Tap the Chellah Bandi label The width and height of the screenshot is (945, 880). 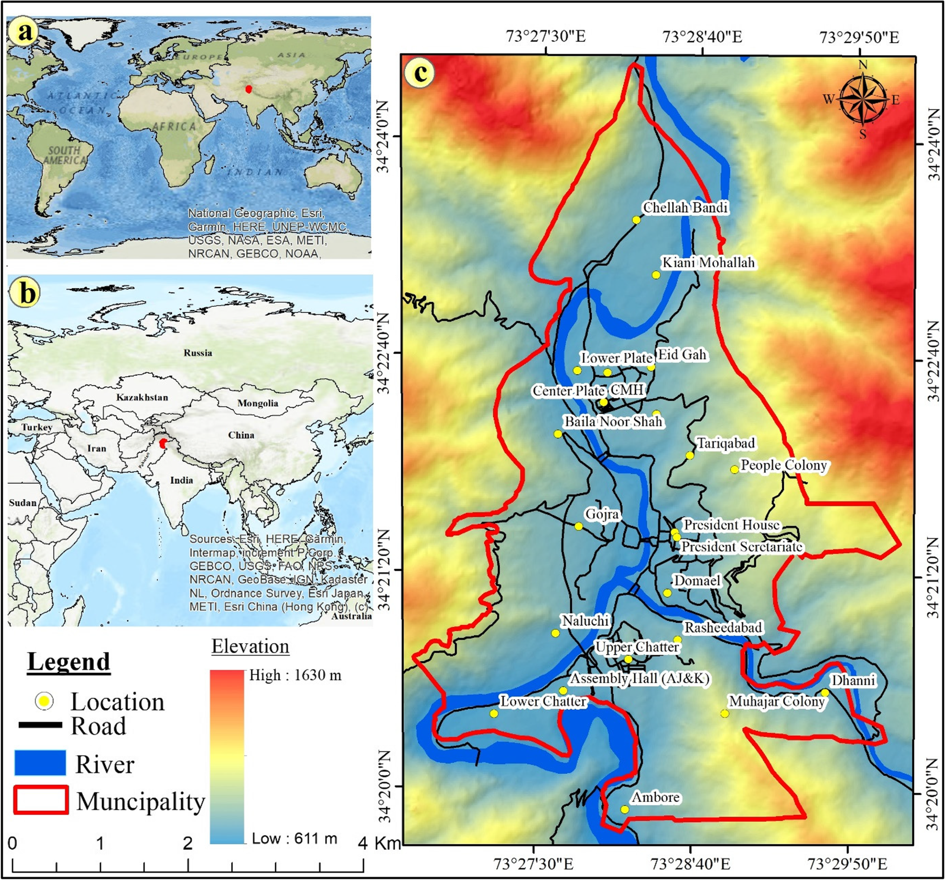pos(685,208)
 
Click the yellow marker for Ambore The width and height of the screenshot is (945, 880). pos(624,810)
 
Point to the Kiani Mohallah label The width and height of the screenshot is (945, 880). pos(708,263)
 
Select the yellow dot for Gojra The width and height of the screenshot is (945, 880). pos(578,527)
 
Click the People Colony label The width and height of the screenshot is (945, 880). pos(784,465)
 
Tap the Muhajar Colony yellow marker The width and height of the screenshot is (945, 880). pos(724,713)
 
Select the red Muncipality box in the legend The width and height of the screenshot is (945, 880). pos(40,800)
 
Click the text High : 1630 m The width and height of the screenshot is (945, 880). pos(295,676)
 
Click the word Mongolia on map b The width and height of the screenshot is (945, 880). pos(258,403)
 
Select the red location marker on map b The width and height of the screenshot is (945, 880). pos(163,443)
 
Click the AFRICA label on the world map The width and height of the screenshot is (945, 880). pos(174,127)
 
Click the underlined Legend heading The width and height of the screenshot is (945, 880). pos(68,662)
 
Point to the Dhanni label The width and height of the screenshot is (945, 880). pos(853,681)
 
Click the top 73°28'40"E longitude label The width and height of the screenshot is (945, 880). pos(702,37)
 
